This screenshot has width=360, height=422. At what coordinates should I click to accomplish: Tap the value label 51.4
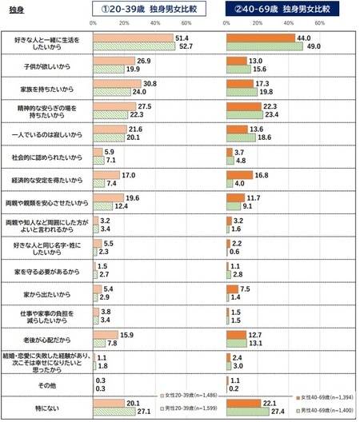tap(182, 38)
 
